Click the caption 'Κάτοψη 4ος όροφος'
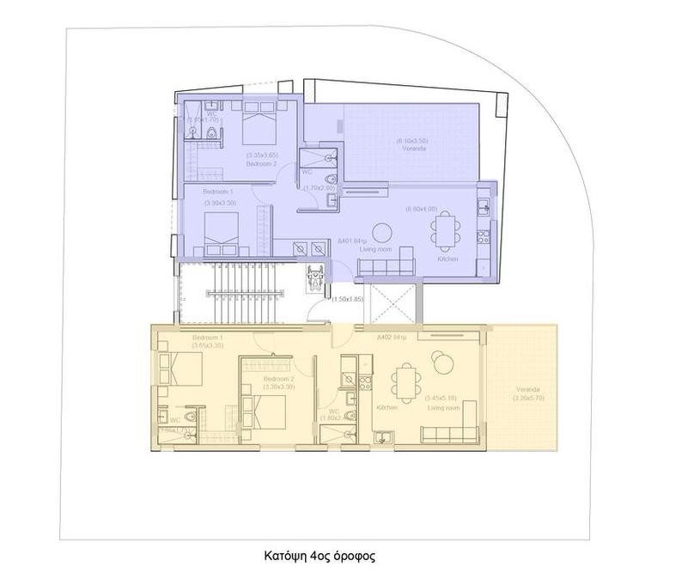[319, 556]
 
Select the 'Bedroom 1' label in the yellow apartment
[208, 338]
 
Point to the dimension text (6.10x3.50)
[412, 140]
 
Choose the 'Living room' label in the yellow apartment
[444, 408]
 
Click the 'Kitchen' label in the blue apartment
[447, 259]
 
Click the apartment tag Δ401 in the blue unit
[354, 241]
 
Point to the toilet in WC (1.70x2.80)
[330, 201]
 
